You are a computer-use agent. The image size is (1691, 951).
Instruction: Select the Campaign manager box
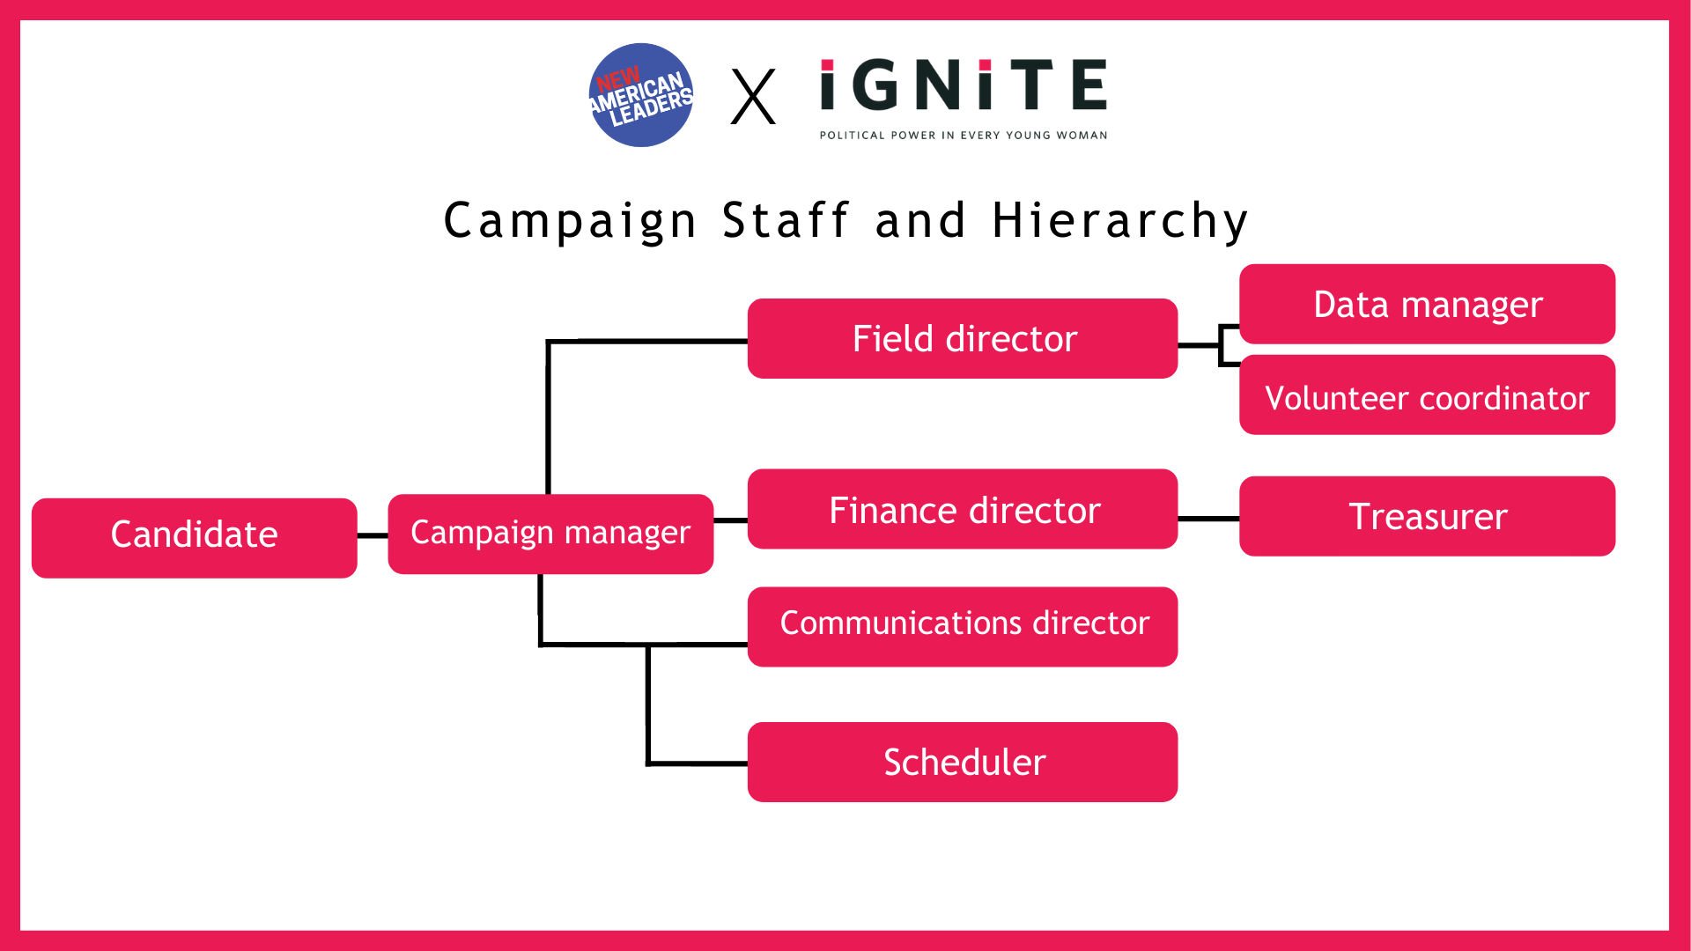tap(550, 534)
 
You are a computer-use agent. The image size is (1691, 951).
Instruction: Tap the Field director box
tap(962, 339)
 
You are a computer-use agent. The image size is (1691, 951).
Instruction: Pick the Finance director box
tap(962, 509)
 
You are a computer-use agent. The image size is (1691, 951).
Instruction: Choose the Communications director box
tap(962, 626)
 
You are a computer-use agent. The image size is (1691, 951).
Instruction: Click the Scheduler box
tap(962, 762)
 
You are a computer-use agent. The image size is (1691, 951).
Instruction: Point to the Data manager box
tap(1427, 304)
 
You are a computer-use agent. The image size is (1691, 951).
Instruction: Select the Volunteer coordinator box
tap(1427, 395)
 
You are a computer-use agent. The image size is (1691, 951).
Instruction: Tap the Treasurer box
tap(1427, 516)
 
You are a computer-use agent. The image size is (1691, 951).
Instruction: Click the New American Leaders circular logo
tap(640, 95)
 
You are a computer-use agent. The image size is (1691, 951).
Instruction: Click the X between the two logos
tap(753, 97)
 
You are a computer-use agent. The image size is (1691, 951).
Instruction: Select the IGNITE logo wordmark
tap(963, 85)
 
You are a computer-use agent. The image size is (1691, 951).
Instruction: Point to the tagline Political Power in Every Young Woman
tap(963, 136)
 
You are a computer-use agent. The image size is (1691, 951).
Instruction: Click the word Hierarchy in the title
tap(1119, 220)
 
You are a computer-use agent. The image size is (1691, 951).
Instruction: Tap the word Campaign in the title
tap(570, 220)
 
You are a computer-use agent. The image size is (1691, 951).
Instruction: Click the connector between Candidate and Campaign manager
tap(373, 535)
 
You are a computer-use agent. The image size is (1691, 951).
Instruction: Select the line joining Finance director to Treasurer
tap(1208, 519)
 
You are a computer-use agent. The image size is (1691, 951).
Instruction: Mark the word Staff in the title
tap(786, 220)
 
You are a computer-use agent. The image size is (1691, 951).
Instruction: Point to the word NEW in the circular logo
tap(617, 79)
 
